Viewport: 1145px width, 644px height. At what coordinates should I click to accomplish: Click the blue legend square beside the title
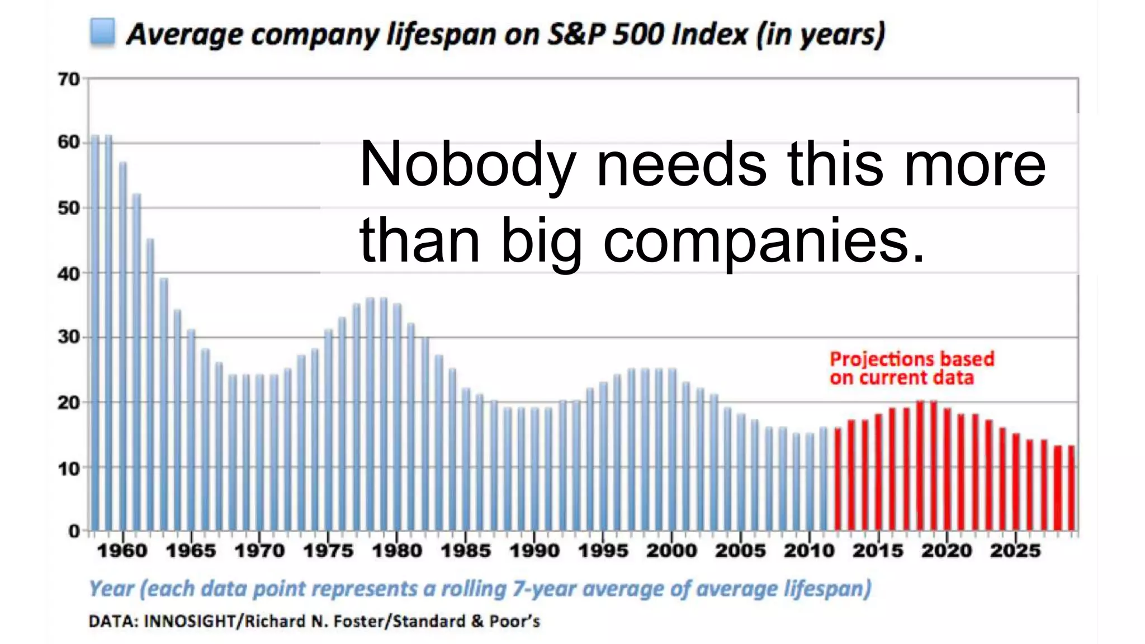[x=103, y=32]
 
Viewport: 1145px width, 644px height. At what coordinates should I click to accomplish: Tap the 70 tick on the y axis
[x=69, y=79]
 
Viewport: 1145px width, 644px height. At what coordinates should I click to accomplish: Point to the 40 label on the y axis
[x=69, y=274]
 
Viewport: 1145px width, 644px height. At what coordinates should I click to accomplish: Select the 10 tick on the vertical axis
[x=69, y=468]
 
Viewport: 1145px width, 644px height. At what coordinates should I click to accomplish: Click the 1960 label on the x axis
[x=122, y=551]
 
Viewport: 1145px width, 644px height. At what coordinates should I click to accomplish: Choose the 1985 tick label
[x=466, y=551]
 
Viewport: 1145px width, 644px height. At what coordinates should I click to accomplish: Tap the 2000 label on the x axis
[x=671, y=551]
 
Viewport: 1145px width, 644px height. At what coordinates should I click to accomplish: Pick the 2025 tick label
[x=1015, y=551]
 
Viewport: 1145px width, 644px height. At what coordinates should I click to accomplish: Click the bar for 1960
[x=123, y=347]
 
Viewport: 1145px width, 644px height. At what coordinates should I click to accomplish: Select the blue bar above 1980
[x=397, y=416]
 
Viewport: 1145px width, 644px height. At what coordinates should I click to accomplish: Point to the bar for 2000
[x=672, y=450]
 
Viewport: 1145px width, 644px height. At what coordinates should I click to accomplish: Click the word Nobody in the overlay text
[x=467, y=165]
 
